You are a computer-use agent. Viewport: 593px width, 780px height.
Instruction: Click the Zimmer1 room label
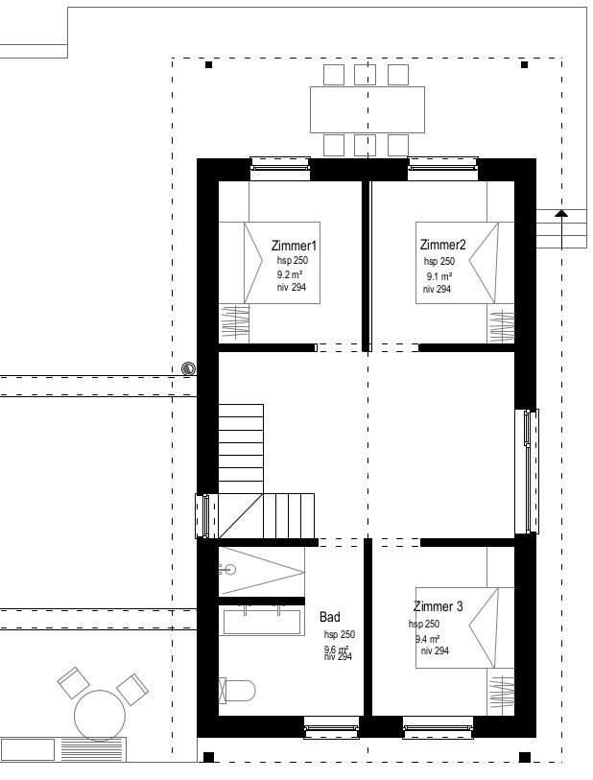(x=294, y=245)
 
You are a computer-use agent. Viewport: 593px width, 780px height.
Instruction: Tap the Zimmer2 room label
(x=442, y=245)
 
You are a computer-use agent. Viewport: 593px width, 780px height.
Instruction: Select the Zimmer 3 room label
(x=439, y=606)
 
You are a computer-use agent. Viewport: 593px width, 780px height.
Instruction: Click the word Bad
(x=329, y=618)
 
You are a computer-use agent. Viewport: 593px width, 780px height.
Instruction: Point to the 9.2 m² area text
(x=290, y=274)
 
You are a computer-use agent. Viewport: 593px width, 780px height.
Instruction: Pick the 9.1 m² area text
(x=439, y=275)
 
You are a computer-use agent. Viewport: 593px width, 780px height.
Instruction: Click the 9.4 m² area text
(x=428, y=638)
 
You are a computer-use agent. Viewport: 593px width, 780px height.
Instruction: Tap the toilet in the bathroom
(x=239, y=690)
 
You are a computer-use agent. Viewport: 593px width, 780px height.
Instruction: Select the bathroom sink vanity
(x=263, y=621)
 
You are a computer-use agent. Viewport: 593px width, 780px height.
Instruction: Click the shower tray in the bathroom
(x=261, y=573)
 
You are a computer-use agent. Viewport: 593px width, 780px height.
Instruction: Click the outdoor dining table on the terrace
(x=367, y=109)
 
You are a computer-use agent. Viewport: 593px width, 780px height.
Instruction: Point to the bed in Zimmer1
(x=269, y=263)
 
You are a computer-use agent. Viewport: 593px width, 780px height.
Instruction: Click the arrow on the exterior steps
(x=561, y=215)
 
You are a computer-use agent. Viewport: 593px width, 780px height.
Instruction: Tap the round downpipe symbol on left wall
(x=189, y=368)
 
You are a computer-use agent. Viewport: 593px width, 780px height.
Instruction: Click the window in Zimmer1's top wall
(x=280, y=167)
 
